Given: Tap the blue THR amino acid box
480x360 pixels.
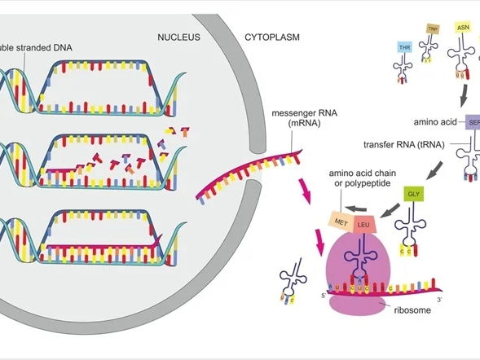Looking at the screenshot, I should [403, 47].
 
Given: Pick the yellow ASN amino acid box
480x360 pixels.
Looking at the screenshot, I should [465, 29].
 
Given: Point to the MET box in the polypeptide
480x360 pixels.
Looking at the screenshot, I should [340, 219].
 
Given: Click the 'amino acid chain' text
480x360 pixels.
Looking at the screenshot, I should [363, 174].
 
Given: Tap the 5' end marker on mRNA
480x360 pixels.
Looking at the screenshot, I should [324, 295].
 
